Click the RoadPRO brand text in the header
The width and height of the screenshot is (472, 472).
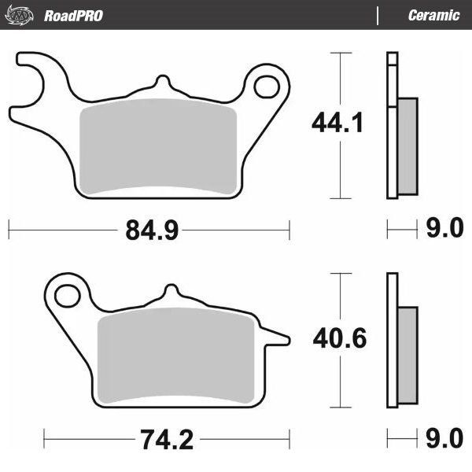pyautogui.click(x=72, y=16)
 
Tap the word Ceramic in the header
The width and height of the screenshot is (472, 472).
pyautogui.click(x=433, y=16)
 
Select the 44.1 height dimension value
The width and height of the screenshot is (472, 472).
pyautogui.click(x=337, y=124)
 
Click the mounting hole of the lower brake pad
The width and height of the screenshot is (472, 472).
pyautogui.click(x=68, y=297)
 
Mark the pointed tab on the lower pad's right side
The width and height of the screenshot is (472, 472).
pyautogui.click(x=276, y=338)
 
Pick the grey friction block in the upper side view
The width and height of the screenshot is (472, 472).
pyautogui.click(x=407, y=146)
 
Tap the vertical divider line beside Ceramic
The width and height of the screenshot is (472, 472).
pyautogui.click(x=378, y=16)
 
